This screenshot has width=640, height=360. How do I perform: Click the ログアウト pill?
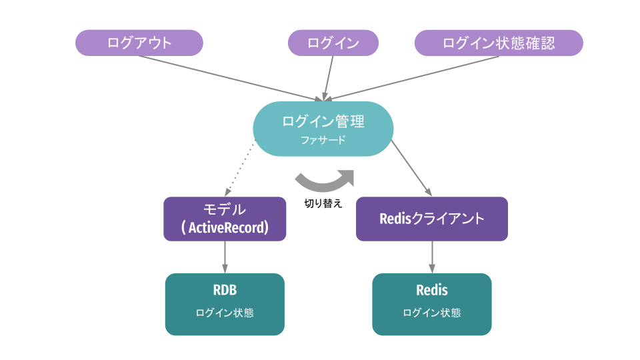click(x=139, y=43)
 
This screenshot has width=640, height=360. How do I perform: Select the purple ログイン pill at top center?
click(x=333, y=43)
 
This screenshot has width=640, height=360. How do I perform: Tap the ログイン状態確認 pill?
click(x=499, y=43)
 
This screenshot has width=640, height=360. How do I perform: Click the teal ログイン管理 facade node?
click(x=323, y=128)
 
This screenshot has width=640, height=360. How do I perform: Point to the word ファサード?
click(x=323, y=140)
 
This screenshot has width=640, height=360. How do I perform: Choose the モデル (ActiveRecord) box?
click(x=225, y=218)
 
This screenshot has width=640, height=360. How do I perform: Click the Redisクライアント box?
click(x=431, y=218)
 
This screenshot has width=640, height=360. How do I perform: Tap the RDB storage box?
click(x=225, y=303)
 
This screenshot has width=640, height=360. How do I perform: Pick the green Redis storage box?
click(x=431, y=303)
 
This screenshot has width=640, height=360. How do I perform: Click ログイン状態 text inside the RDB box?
click(x=225, y=313)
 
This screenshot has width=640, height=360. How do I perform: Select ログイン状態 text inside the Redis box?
click(x=431, y=313)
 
